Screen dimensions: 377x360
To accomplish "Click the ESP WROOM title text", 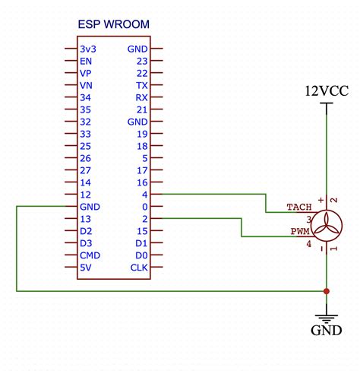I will (x=114, y=24).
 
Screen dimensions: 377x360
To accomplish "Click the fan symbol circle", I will (x=327, y=225).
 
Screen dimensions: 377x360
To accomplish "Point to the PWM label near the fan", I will (x=300, y=231).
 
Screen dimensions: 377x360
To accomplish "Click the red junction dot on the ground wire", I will (x=327, y=291).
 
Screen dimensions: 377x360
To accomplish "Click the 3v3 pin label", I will (x=87, y=49).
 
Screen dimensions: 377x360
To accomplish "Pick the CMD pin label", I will (x=90, y=255).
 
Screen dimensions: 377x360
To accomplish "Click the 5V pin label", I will (x=85, y=268).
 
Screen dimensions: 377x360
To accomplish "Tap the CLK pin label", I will (x=138, y=268).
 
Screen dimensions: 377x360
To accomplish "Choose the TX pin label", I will (x=141, y=86).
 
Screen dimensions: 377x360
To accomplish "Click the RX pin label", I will (x=141, y=98).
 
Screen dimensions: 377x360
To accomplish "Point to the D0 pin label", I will (x=141, y=255).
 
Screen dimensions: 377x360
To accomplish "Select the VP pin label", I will (x=85, y=74).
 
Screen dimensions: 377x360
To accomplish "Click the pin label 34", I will (x=85, y=98).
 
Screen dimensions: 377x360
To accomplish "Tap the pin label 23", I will (x=141, y=62).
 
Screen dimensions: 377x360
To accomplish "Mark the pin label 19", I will (x=141, y=134).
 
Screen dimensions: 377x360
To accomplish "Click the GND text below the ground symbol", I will (x=326, y=331).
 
